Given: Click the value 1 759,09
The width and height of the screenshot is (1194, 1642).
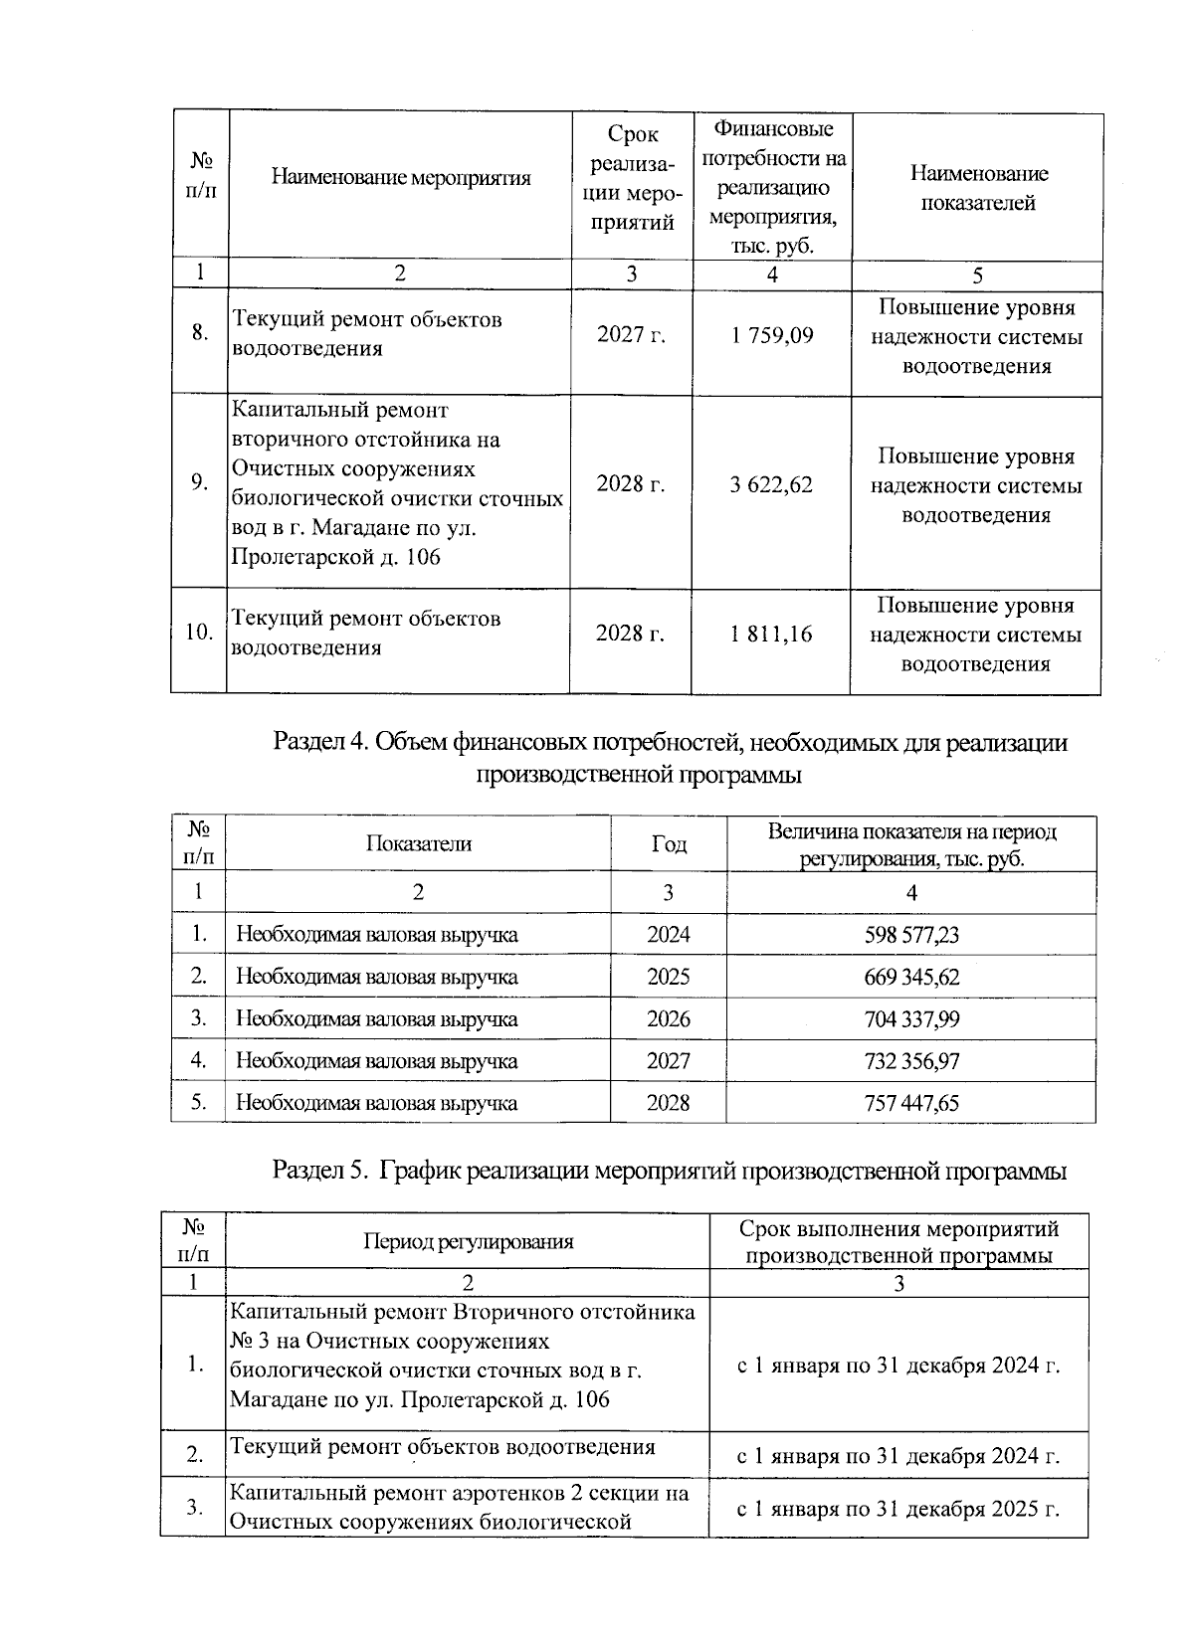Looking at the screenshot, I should [771, 336].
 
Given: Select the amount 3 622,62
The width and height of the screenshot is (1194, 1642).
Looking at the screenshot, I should [771, 485].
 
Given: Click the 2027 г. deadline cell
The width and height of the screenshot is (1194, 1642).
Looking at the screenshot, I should [631, 336].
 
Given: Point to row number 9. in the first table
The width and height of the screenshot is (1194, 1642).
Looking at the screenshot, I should [199, 483].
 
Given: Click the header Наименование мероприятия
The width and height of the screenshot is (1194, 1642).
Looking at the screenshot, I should [400, 178].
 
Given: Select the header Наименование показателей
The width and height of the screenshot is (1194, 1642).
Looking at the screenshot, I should [978, 188].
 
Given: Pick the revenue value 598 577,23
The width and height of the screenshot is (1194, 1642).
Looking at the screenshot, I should [911, 936].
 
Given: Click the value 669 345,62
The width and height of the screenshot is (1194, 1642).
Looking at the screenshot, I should [911, 978].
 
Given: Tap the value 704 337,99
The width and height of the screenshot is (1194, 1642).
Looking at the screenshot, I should [911, 1019].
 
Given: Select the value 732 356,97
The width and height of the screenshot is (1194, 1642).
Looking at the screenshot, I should [911, 1061].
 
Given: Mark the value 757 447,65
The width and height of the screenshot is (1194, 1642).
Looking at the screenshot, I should [911, 1103].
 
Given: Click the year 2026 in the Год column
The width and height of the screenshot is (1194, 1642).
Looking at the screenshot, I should [668, 1019].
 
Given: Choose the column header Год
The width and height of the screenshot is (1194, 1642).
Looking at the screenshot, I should [669, 844].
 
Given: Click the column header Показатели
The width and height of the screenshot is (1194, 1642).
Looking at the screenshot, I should [418, 844].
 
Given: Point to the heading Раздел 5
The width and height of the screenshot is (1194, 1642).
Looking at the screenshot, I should [670, 1172].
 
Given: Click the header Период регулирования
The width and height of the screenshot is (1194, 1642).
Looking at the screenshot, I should [468, 1241].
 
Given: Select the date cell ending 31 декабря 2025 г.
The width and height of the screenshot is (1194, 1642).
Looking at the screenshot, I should [897, 1509].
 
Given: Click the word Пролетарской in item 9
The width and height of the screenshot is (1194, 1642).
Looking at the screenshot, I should [298, 557].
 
